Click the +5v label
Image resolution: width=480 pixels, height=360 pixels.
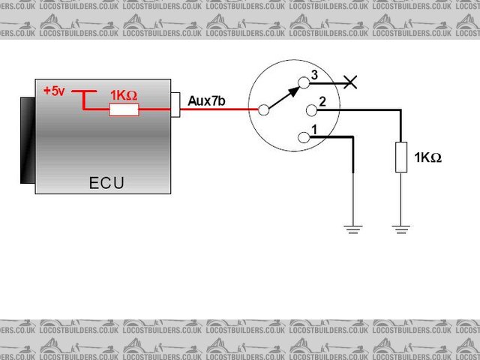click(x=54, y=91)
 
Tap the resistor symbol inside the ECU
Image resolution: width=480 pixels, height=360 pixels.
click(x=124, y=110)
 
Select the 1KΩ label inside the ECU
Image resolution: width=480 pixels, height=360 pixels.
click(x=124, y=96)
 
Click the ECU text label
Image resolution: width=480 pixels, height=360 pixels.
click(x=106, y=183)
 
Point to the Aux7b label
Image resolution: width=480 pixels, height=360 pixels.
click(x=206, y=101)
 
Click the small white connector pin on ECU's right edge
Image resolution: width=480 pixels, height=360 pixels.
click(x=176, y=105)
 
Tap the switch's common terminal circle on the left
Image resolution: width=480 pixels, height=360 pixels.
click(x=263, y=110)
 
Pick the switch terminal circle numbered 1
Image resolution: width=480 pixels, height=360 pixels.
click(x=304, y=137)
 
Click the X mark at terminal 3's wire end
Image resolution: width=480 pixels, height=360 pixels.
click(x=349, y=82)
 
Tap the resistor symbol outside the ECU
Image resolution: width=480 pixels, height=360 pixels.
click(x=401, y=157)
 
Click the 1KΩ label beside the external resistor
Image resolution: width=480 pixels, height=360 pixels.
click(x=428, y=157)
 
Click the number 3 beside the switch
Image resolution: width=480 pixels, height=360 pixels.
click(x=314, y=75)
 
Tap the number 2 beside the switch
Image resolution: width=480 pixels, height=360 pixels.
click(x=321, y=101)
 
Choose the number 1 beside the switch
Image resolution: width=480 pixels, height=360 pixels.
click(x=314, y=130)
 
